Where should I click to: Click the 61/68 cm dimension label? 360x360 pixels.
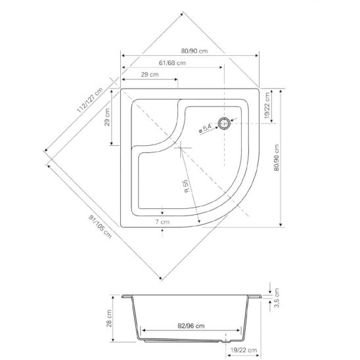[x=172, y=62]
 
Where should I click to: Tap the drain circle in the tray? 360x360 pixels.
[x=224, y=124]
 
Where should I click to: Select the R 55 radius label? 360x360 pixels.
[x=187, y=186]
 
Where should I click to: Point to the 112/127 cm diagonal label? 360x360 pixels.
[x=89, y=100]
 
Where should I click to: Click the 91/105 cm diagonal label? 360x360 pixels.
[x=100, y=227]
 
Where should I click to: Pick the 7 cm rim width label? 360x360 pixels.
[x=162, y=222]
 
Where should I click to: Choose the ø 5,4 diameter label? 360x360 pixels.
[x=205, y=128]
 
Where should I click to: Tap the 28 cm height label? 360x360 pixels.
[x=109, y=318]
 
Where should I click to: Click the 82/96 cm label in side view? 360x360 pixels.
[x=191, y=326]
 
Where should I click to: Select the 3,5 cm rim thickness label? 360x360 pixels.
[x=277, y=298]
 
